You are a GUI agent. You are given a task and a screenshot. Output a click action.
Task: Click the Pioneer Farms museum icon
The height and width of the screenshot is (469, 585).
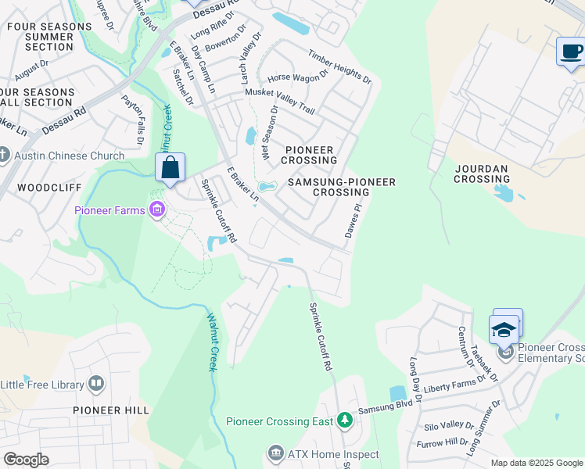click(158, 209)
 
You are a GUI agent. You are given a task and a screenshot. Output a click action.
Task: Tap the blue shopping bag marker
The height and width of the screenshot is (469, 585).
click(170, 167)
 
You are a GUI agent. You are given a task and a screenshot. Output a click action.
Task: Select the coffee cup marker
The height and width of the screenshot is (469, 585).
click(571, 52)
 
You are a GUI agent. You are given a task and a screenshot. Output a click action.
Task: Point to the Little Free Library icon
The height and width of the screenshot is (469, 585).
click(95, 383)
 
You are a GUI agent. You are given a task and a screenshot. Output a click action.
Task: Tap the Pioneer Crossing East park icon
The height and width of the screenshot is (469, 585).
click(344, 421)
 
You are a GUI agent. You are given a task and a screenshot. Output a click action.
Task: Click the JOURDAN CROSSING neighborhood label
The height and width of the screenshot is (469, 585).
click(482, 174)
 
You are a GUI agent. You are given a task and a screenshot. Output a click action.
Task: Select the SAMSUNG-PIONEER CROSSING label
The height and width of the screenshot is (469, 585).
click(342, 187)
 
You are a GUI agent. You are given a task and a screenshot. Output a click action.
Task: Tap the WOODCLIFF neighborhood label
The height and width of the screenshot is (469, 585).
click(45, 188)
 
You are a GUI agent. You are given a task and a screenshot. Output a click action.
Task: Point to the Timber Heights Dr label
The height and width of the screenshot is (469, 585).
click(339, 66)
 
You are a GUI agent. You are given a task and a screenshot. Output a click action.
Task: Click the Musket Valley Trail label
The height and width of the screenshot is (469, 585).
click(280, 102)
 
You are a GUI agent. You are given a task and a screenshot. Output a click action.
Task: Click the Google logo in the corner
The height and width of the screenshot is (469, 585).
click(26, 460)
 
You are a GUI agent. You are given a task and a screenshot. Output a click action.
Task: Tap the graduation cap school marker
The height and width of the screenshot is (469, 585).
click(504, 329)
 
